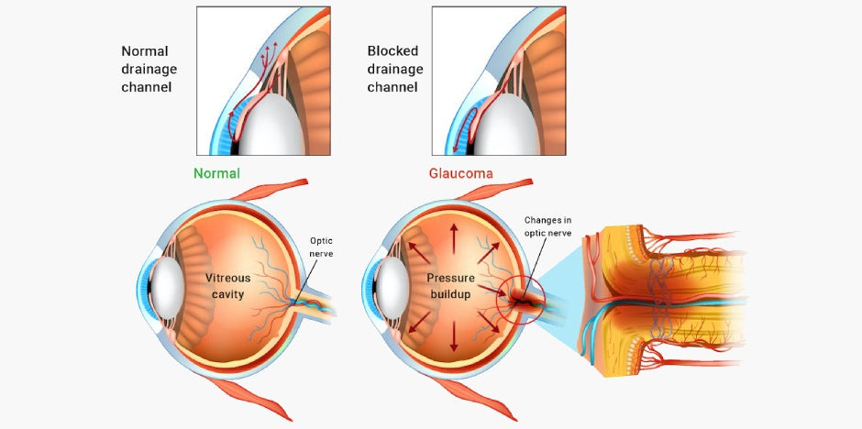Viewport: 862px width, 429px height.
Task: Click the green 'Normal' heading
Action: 216,172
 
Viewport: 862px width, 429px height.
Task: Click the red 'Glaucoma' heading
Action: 459,172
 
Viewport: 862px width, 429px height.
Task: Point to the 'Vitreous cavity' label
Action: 230,285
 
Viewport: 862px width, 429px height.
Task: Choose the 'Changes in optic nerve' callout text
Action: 548,226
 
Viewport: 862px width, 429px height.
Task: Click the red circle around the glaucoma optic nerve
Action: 520,295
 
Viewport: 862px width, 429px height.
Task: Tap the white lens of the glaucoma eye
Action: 388,286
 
